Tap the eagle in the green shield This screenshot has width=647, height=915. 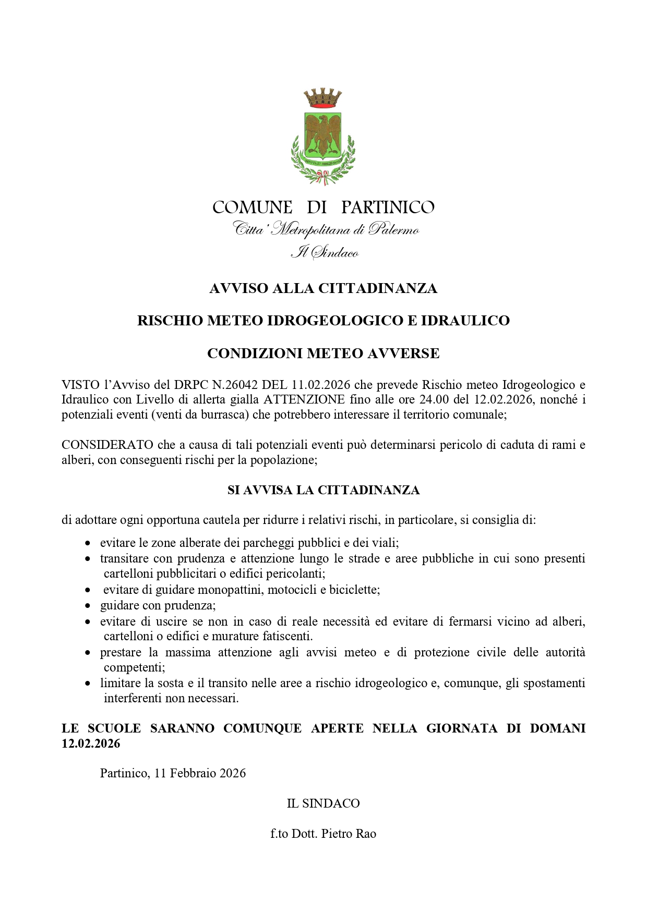[323, 133]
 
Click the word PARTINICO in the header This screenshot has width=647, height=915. [388, 208]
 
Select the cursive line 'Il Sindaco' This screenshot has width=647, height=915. [324, 253]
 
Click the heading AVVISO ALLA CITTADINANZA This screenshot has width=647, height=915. [323, 288]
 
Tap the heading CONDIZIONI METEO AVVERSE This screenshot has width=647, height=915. [323, 353]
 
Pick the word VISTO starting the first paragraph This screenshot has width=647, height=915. [80, 385]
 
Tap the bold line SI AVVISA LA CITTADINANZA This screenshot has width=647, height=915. [323, 490]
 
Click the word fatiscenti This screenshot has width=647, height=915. [286, 636]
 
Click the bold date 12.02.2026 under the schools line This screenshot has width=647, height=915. [91, 743]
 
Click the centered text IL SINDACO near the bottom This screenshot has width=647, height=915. [323, 803]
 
